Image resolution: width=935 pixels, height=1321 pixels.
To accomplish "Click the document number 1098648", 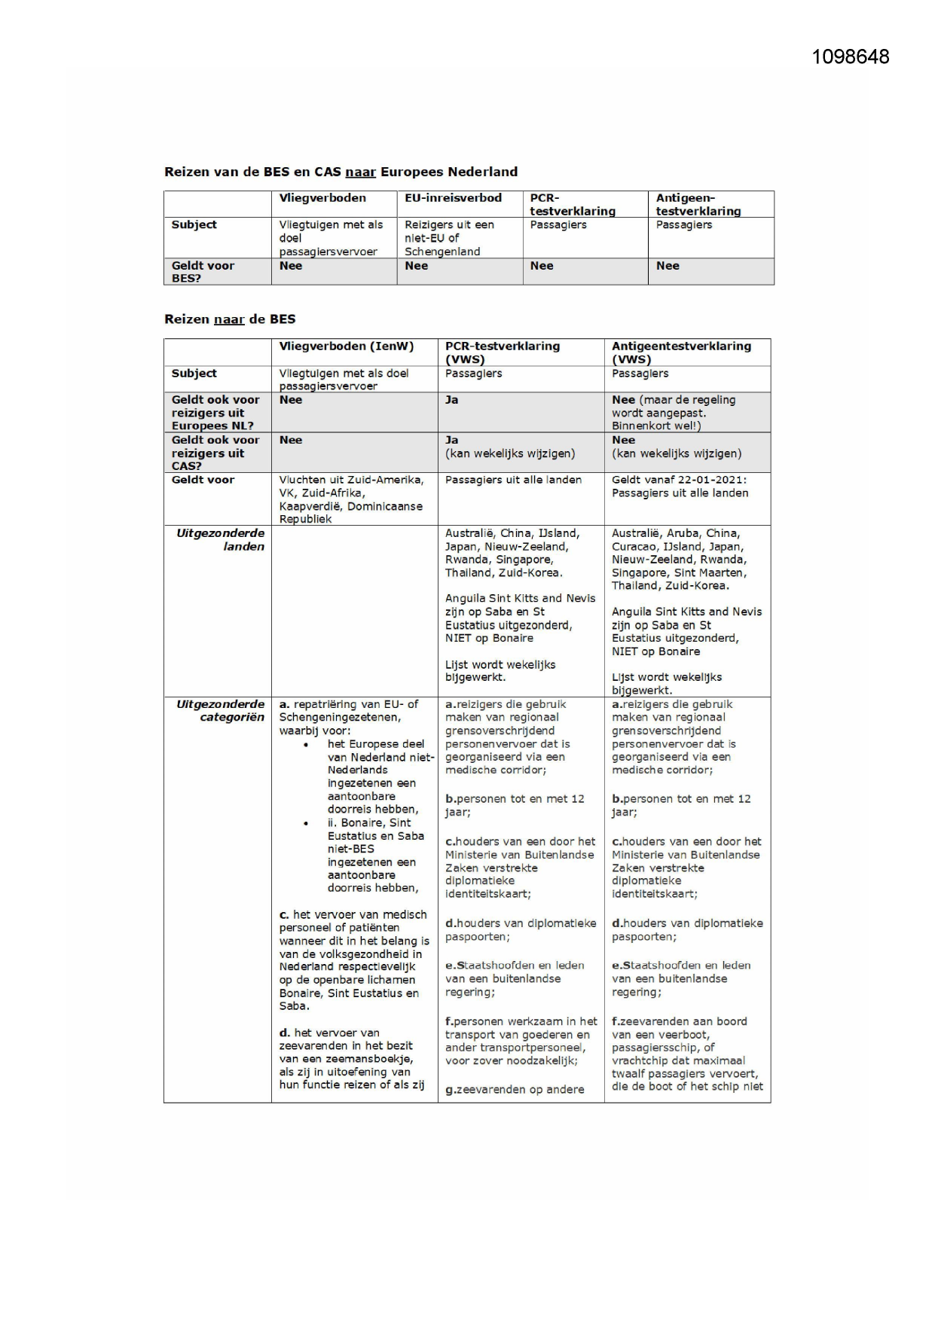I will (x=850, y=57).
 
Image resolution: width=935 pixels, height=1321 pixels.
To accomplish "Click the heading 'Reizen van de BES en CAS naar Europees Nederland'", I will (x=341, y=172).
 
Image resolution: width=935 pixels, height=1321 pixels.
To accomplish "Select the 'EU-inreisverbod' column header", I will (x=453, y=198).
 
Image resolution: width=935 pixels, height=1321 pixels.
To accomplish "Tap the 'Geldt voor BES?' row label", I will (x=203, y=271).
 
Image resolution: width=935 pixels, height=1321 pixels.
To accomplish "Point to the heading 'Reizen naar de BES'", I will (x=230, y=319).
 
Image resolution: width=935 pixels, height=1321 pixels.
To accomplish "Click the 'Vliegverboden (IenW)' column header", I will (x=347, y=346).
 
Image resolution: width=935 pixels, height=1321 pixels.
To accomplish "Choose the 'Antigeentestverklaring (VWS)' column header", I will (x=681, y=352).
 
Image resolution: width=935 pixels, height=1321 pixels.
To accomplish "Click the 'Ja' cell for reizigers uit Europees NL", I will (x=451, y=400).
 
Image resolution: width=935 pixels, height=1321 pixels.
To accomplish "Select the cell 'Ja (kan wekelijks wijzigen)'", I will (x=509, y=447).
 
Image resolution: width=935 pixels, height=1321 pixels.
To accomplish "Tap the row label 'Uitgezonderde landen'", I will (x=220, y=539).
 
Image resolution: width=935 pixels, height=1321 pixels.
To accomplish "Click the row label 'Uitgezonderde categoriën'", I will (x=220, y=710).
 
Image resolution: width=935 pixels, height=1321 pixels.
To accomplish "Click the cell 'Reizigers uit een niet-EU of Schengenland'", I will (x=450, y=238).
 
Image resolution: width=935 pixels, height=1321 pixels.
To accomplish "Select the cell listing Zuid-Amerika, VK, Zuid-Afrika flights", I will (x=351, y=499).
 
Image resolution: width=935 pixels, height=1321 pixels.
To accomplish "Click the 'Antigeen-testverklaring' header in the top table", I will (x=698, y=204).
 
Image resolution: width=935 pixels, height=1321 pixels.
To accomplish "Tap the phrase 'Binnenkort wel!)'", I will (x=656, y=426).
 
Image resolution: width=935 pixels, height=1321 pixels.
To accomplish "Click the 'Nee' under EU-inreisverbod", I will (x=416, y=266).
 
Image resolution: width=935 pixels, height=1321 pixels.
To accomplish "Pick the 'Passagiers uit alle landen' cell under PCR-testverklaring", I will (x=513, y=480).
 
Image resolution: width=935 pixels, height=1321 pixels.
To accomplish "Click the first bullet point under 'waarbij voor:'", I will (x=305, y=745).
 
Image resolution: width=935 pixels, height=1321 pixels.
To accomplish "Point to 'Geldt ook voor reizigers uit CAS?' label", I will (x=215, y=453).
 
